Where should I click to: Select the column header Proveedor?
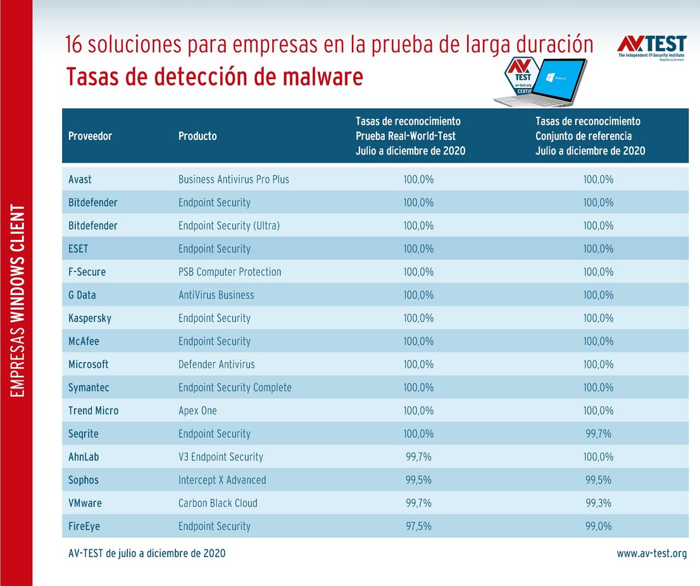click(90, 136)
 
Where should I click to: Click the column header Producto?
click(197, 136)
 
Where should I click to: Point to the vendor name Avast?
click(80, 180)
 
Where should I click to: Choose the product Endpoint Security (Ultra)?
click(229, 226)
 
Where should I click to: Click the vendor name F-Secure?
click(87, 272)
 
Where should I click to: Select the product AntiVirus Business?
click(216, 295)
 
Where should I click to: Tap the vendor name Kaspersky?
click(89, 318)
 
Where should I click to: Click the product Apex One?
click(197, 411)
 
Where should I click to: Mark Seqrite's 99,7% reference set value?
click(598, 434)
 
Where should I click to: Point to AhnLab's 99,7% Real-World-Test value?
click(418, 457)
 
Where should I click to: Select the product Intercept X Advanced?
click(222, 480)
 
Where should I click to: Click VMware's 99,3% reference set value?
click(598, 503)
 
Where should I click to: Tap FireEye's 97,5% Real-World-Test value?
click(418, 527)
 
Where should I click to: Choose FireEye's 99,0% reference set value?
click(598, 527)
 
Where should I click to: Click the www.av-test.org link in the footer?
click(651, 554)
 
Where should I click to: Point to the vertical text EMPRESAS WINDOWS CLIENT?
click(18, 301)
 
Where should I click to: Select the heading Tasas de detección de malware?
click(215, 77)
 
